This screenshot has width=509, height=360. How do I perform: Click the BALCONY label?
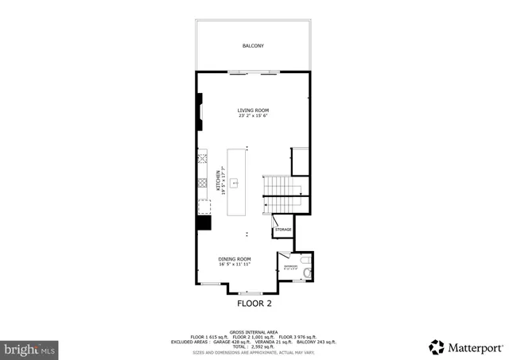[x=253, y=46]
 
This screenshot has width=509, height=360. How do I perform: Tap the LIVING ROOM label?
[x=253, y=110]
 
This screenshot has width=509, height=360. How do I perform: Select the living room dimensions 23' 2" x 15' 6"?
[x=253, y=116]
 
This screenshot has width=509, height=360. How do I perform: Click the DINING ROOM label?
[x=235, y=259]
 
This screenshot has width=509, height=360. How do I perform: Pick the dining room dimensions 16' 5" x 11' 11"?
[x=235, y=265]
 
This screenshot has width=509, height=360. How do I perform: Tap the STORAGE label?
[x=284, y=230]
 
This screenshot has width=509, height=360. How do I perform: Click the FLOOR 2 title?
[x=254, y=303]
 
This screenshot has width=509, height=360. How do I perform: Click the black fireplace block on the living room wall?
[x=200, y=110]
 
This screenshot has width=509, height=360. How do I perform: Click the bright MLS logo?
[x=29, y=348]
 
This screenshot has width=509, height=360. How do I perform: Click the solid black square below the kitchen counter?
[x=204, y=223]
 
